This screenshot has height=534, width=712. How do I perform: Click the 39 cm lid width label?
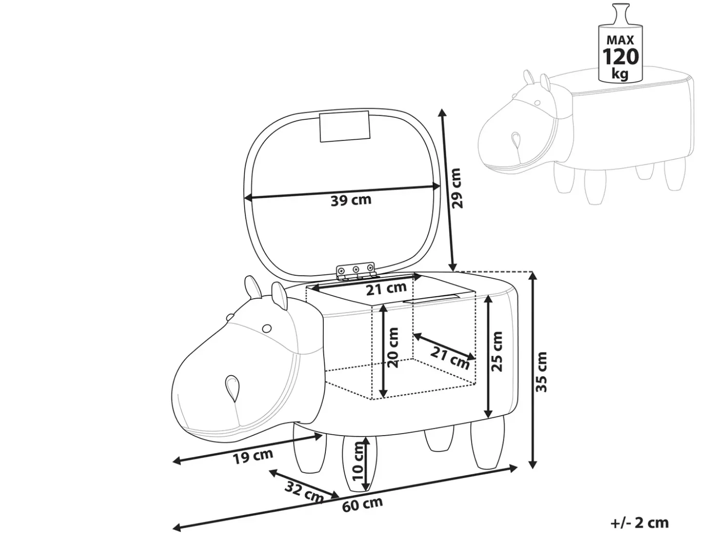[351, 200]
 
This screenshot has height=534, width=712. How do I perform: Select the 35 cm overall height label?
[541, 372]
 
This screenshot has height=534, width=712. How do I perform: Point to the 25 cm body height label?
[496, 351]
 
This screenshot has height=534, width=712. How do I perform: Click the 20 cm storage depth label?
[393, 347]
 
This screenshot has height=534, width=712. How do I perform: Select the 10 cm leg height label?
[357, 461]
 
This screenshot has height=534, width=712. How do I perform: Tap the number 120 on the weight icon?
[620, 57]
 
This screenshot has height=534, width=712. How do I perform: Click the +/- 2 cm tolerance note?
[639, 523]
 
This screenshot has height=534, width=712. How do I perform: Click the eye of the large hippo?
[267, 328]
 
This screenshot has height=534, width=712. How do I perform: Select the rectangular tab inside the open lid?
[344, 126]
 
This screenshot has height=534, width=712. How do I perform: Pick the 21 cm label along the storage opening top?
[386, 288]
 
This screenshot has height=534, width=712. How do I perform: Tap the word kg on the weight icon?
[620, 74]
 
